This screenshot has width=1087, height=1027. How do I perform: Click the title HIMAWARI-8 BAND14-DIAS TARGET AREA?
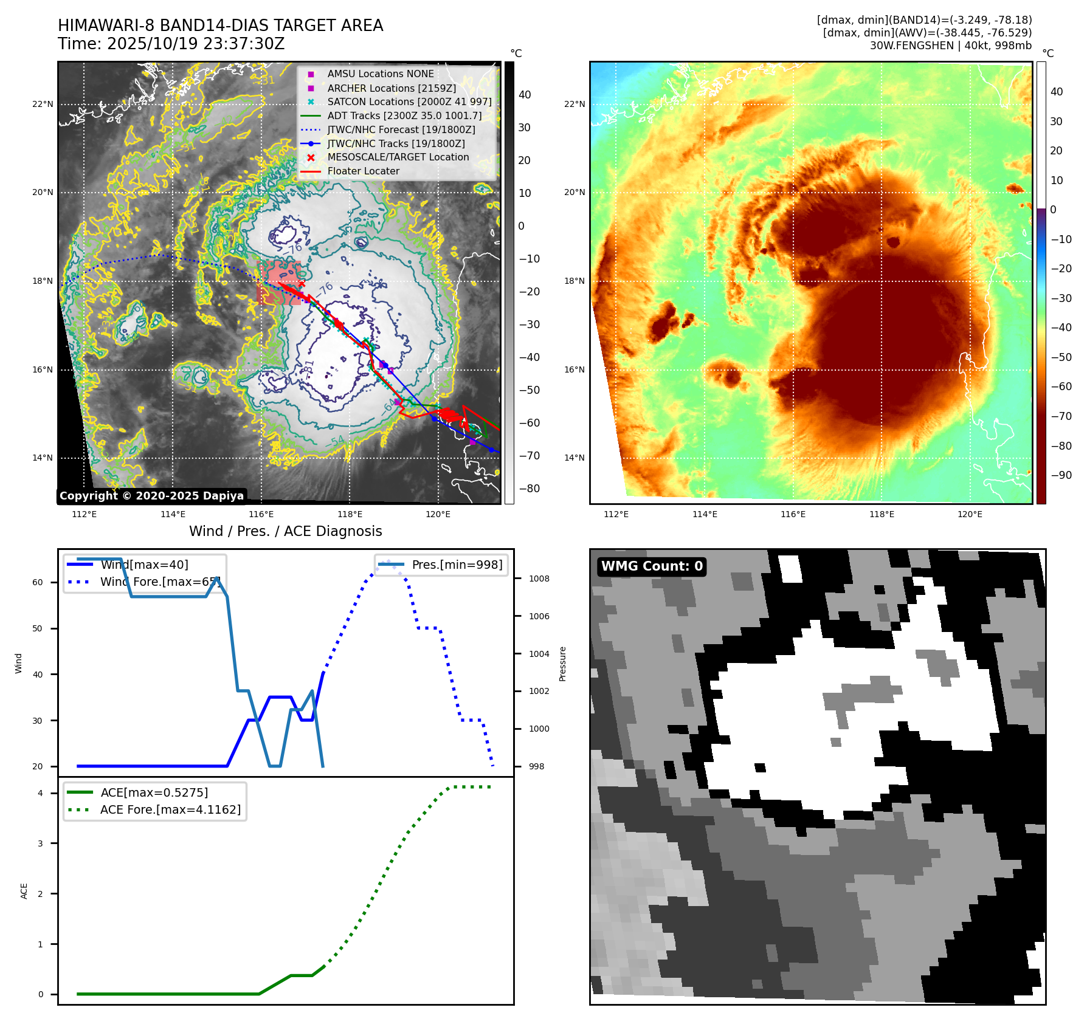220,26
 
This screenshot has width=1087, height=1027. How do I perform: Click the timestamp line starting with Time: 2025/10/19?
171,44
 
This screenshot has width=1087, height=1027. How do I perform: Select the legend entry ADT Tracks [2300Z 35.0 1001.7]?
404,115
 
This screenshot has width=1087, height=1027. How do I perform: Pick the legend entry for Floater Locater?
363,171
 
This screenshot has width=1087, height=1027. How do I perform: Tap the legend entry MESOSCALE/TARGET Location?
398,157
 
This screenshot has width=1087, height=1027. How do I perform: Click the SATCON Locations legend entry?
409,101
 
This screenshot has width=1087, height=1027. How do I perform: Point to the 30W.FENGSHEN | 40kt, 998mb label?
950,46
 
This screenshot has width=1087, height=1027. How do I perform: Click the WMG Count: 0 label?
652,566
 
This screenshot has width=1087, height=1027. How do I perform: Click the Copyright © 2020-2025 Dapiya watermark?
151,496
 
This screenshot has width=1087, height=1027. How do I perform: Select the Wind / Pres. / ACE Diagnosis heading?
285,531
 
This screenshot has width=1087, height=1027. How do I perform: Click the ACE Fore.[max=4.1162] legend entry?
170,809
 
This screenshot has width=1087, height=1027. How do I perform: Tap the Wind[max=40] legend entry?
144,565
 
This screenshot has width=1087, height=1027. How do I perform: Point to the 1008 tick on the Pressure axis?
539,579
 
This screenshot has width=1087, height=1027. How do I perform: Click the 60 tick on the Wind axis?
38,582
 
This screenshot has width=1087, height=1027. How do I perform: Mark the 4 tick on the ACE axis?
40,793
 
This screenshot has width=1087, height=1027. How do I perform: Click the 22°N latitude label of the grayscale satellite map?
43,105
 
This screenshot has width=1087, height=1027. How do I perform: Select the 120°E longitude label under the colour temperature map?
970,514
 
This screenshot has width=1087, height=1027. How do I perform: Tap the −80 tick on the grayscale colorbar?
529,489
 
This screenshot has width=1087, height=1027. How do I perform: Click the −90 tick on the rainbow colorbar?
1061,475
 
